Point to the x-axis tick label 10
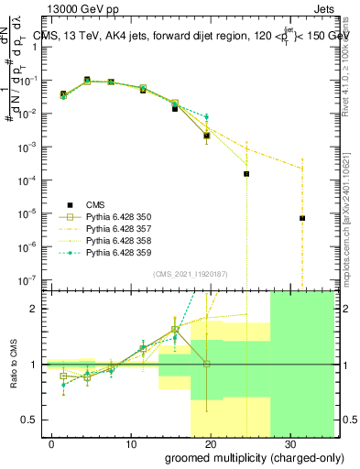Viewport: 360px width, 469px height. coord(130,444)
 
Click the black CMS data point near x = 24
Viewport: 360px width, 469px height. coord(246,174)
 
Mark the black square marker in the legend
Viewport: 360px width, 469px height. coord(68,205)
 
